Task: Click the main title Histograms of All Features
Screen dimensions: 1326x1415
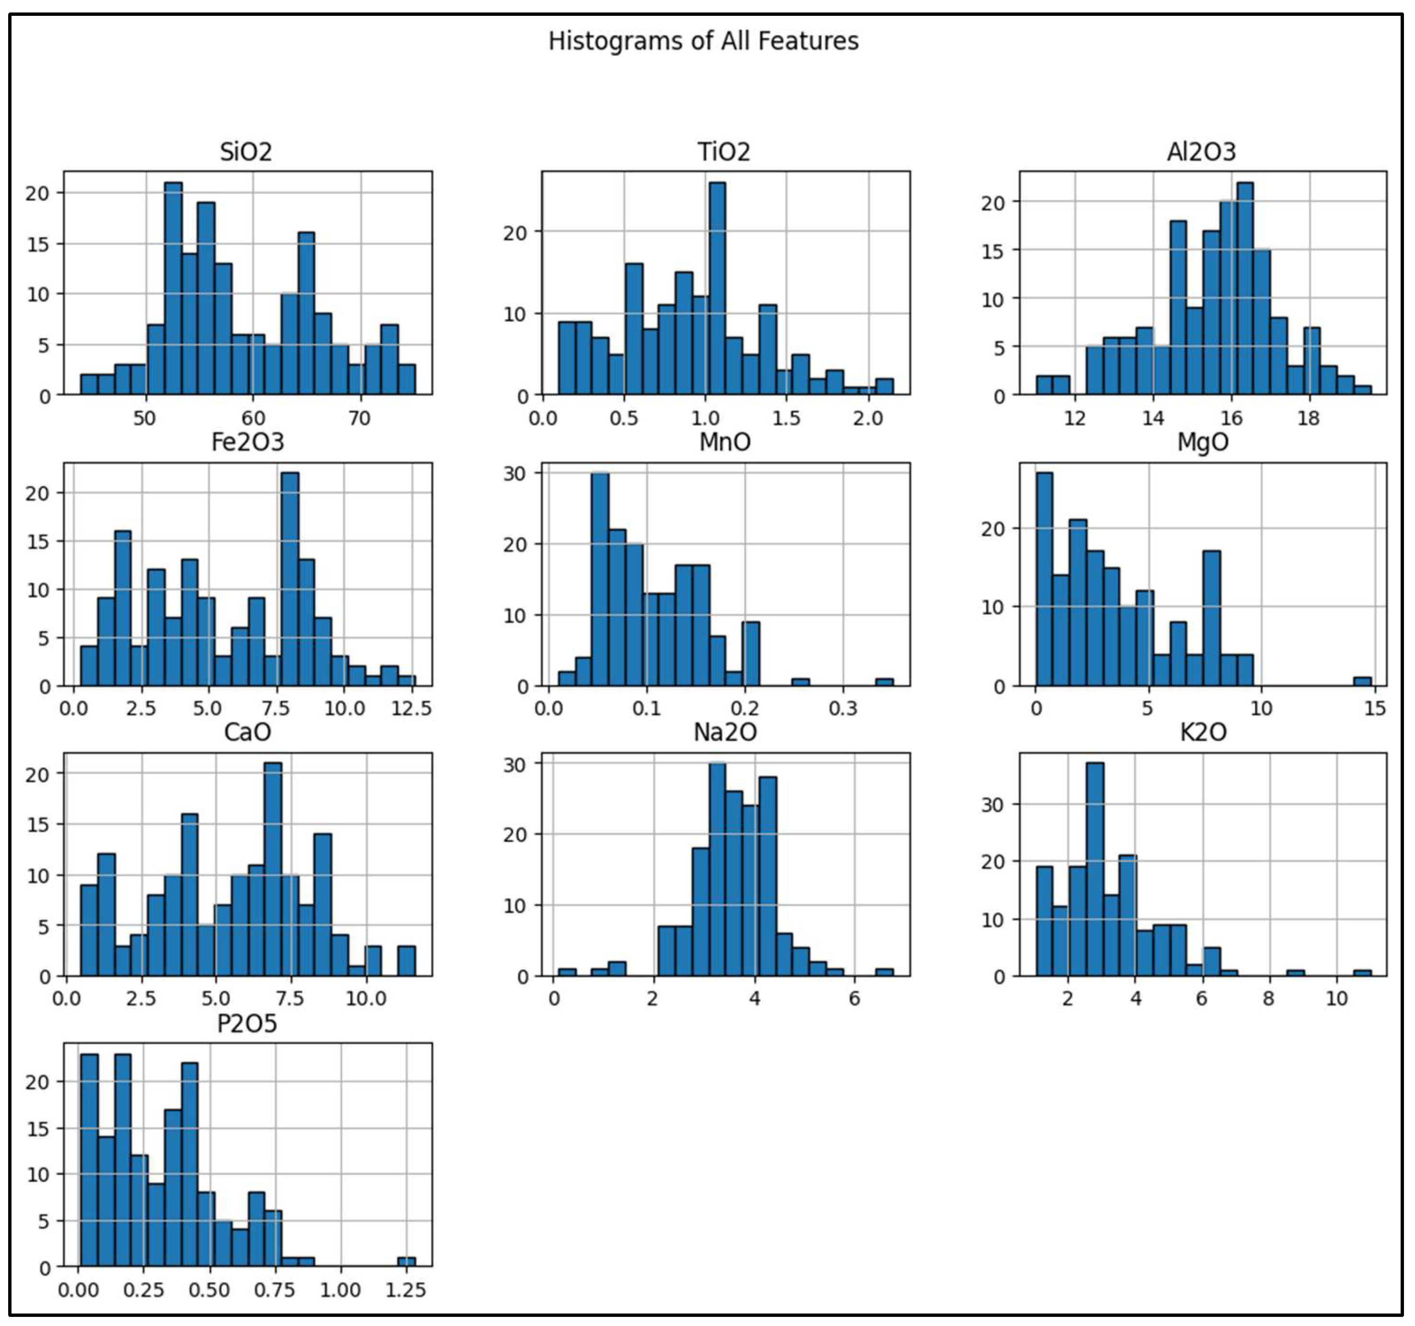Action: click(x=703, y=41)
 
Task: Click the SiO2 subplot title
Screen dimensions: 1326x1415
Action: click(x=246, y=152)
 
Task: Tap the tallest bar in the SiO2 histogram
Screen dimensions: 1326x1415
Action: click(x=173, y=288)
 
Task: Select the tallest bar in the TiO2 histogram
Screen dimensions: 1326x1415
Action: click(x=717, y=288)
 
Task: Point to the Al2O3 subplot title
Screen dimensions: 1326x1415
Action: click(x=1202, y=152)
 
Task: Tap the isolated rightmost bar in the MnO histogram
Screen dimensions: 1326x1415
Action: click(x=884, y=682)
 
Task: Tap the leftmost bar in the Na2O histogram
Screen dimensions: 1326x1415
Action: click(x=567, y=972)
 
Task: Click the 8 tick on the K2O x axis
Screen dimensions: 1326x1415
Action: click(x=1269, y=998)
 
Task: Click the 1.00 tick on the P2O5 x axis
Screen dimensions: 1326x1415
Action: click(x=340, y=1290)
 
